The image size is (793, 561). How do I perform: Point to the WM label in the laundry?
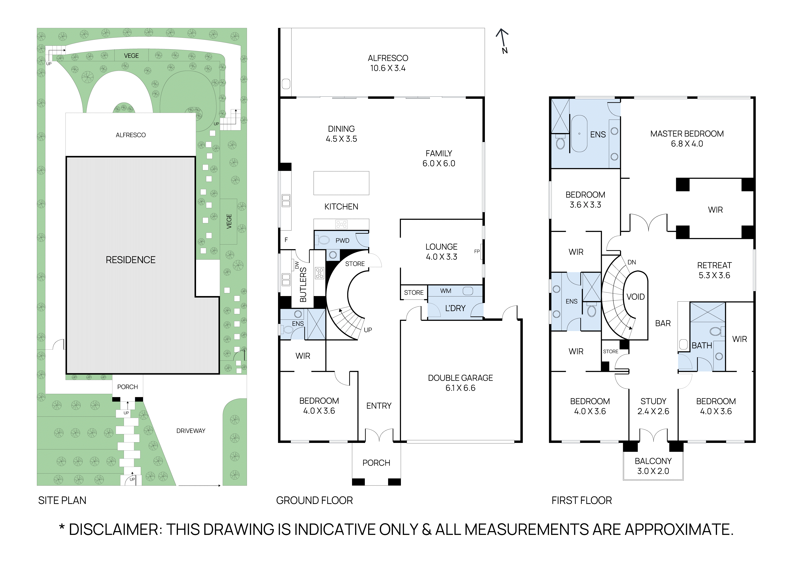point(445,291)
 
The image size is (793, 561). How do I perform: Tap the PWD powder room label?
point(342,240)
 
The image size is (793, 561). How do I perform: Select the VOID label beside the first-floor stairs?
point(636,297)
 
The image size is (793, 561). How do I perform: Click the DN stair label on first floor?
point(632,262)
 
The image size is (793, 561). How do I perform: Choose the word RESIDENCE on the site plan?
point(131,260)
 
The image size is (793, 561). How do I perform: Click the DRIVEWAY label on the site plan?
point(191,431)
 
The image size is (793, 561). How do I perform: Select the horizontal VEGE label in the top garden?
point(131,56)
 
